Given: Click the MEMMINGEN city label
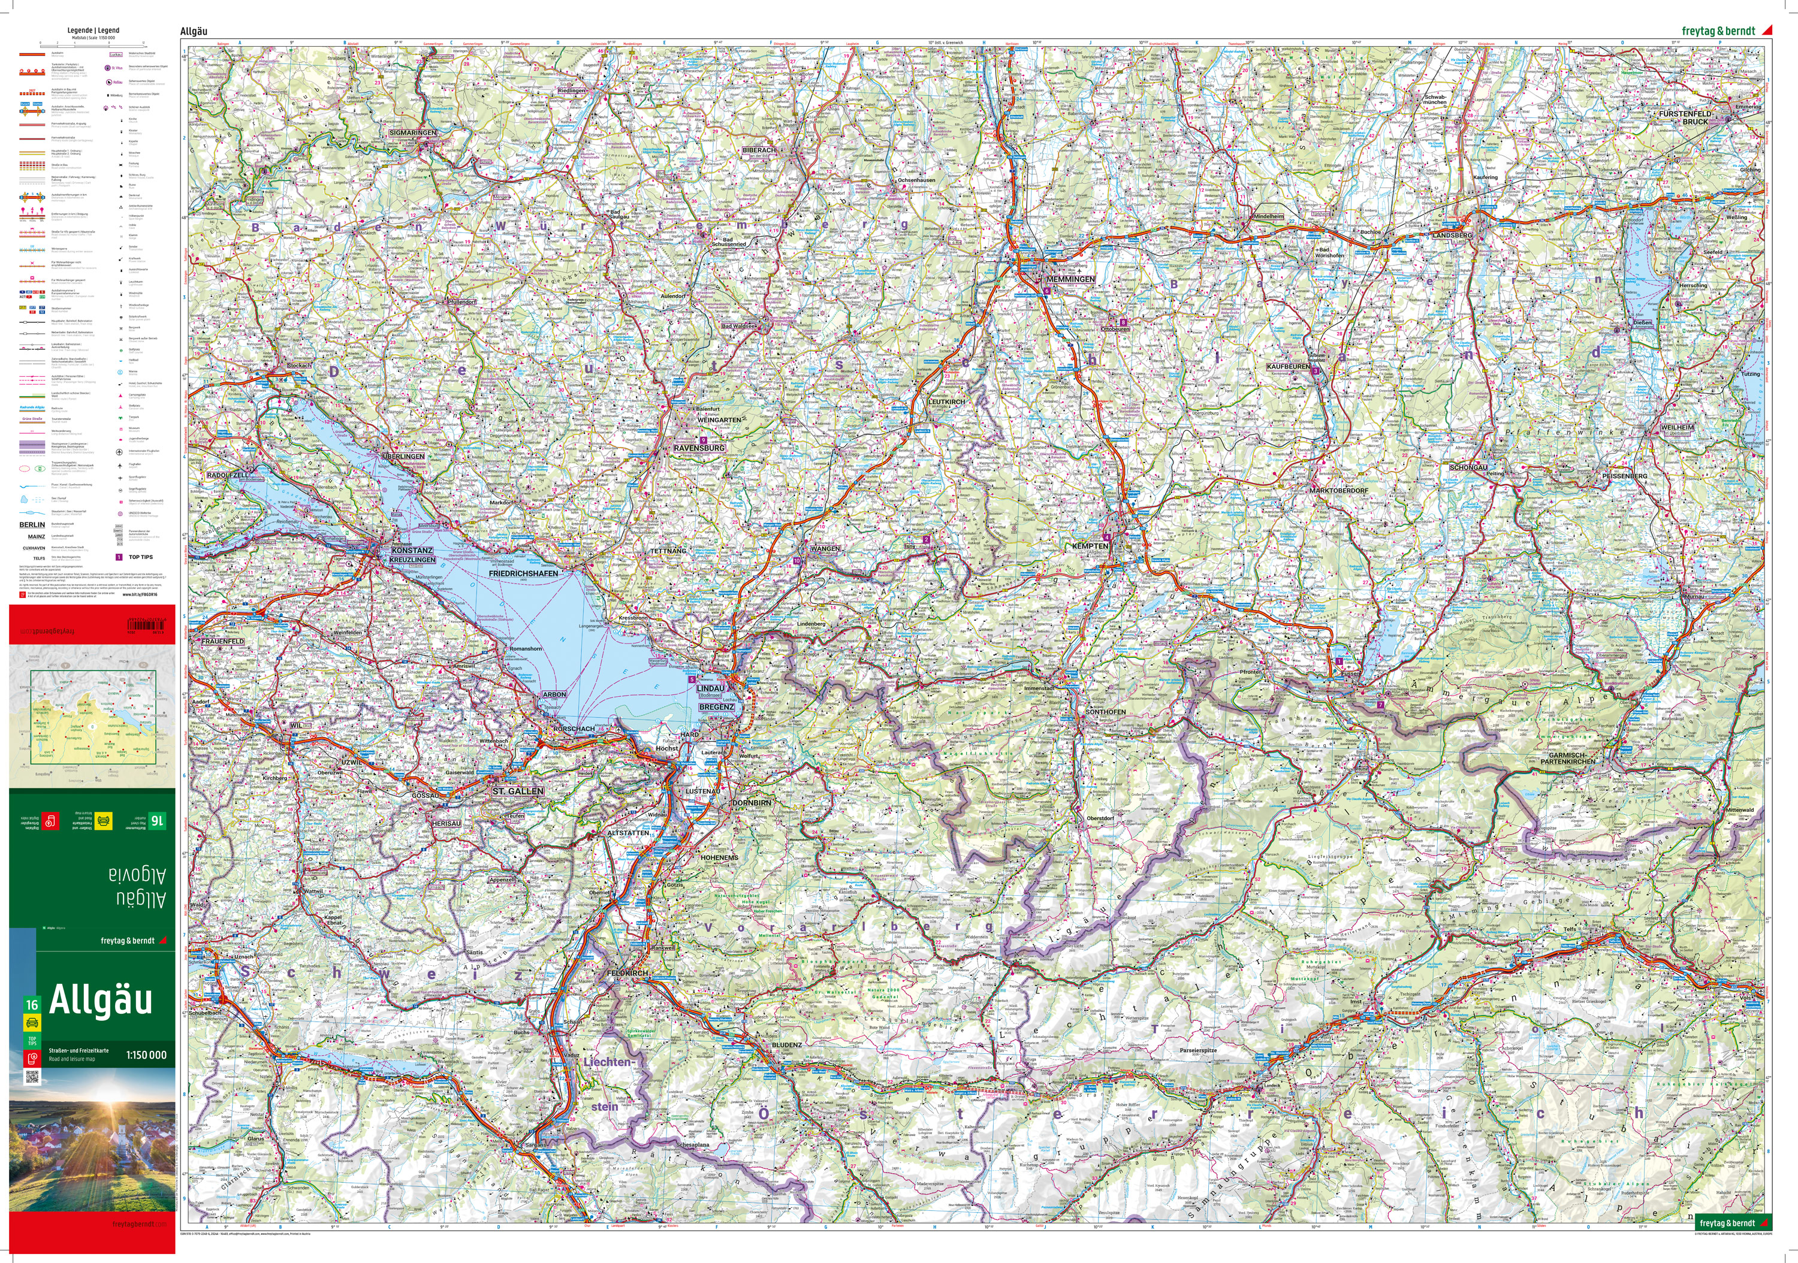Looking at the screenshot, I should coord(1070,279).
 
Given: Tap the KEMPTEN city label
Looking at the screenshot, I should coord(1090,546).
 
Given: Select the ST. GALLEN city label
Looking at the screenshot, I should coord(518,791).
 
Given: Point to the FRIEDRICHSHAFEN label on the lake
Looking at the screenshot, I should coord(523,574).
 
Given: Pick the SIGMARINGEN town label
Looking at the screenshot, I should coord(413,133).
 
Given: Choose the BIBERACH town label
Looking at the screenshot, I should coord(759,150).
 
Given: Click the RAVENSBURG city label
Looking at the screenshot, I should coord(699,448).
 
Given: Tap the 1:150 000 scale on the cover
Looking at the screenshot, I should coord(146,1054).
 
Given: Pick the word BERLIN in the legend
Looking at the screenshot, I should coord(32,525).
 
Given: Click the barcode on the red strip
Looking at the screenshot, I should coord(146,625).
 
